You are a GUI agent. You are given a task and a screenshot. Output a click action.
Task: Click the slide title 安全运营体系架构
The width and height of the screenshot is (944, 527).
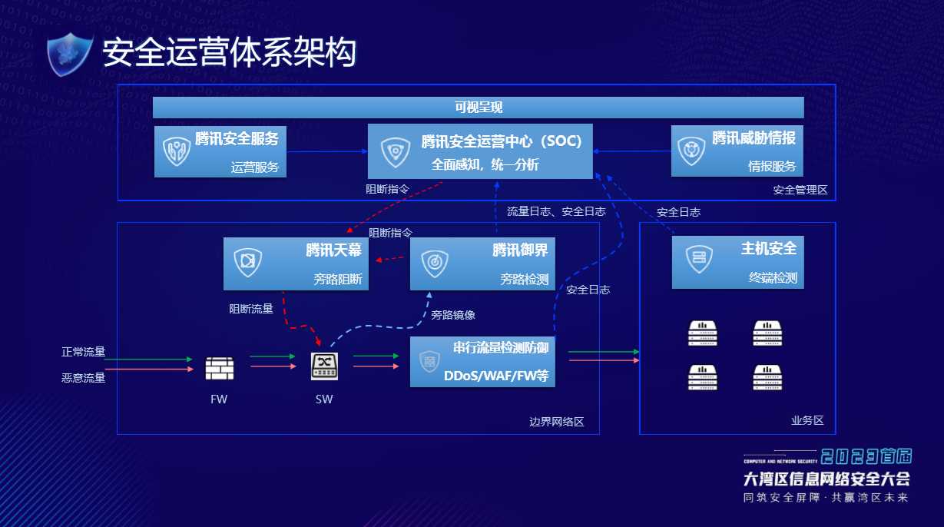229,54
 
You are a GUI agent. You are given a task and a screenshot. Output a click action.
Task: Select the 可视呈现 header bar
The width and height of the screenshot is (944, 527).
478,108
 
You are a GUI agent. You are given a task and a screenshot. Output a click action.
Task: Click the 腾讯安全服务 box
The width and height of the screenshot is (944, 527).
220,151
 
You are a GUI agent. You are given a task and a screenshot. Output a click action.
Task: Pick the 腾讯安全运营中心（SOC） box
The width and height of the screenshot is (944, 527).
480,151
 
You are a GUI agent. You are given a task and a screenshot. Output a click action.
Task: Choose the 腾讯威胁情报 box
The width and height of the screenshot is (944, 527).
737,151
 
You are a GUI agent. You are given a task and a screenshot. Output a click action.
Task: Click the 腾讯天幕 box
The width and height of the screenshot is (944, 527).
296,263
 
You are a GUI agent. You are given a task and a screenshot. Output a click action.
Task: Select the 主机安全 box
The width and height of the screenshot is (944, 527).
737,262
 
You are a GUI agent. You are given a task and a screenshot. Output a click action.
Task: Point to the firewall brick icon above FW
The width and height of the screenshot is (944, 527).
219,369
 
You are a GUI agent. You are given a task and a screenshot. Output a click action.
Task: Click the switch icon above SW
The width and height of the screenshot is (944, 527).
324,366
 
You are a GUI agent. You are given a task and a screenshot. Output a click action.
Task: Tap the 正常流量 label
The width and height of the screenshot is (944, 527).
84,353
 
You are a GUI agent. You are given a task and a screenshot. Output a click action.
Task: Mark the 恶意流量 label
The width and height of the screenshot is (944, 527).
84,377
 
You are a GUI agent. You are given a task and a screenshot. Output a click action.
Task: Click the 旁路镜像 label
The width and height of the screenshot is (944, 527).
453,315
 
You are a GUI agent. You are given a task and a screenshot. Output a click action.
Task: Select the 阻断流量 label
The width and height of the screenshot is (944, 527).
251,309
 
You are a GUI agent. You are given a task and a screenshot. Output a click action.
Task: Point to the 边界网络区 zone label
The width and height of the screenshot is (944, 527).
557,422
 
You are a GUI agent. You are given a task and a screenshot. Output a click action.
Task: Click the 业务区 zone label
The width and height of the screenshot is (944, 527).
807,420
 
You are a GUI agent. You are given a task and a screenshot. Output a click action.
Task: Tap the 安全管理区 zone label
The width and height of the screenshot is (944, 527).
800,190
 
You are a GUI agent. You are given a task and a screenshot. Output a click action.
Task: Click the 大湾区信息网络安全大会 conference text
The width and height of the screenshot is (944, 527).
826,479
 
